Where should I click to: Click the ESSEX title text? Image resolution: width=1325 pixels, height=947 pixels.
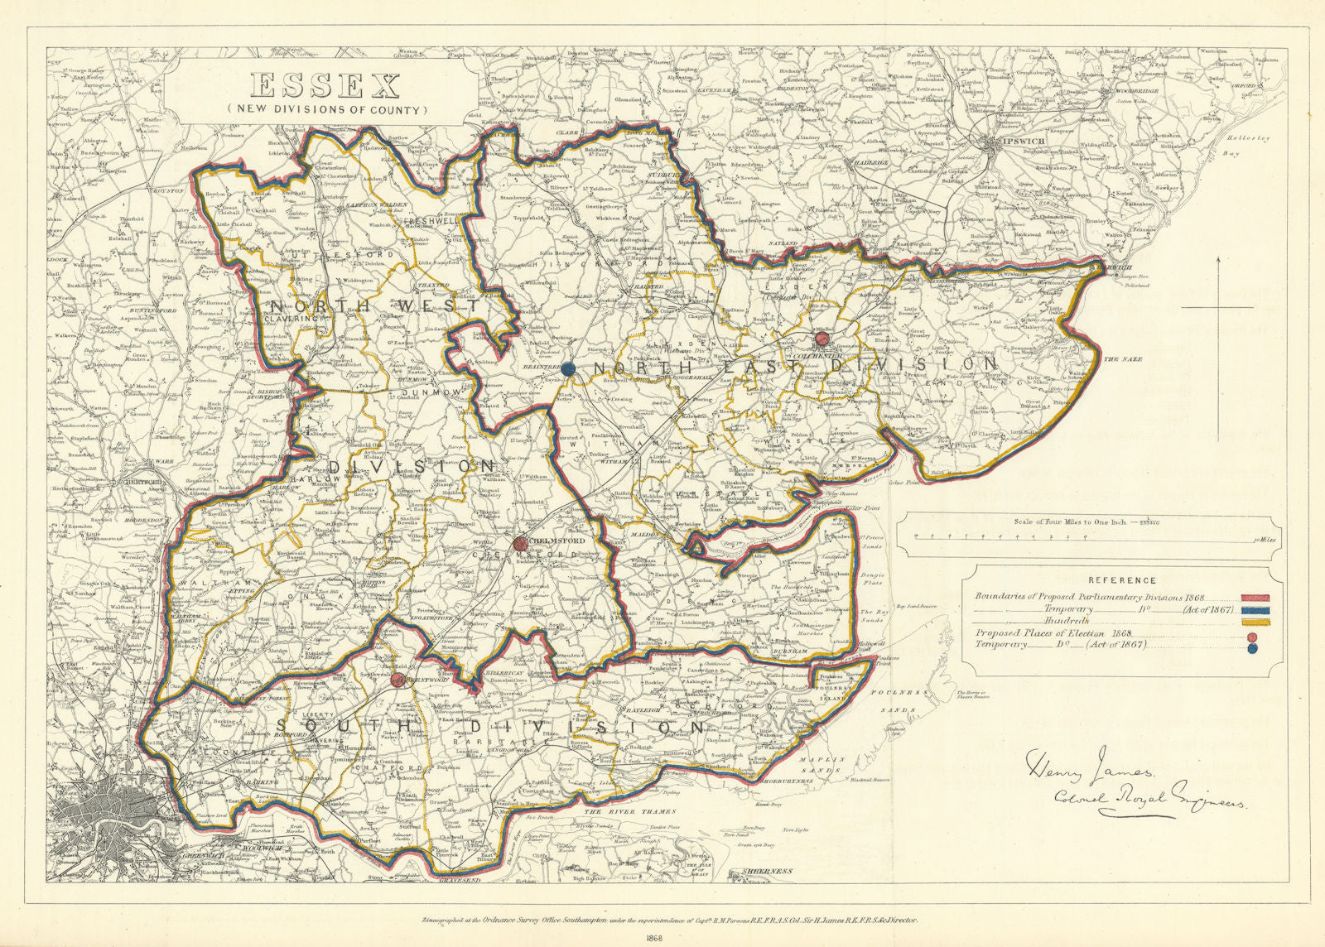point(325,86)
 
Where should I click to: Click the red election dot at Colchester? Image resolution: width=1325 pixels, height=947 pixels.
point(821,339)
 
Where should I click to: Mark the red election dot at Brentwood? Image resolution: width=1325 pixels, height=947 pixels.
point(398,680)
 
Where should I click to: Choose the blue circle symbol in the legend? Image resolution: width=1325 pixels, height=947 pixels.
point(1252,648)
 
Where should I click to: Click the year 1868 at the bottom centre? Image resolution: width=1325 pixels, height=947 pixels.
point(662,938)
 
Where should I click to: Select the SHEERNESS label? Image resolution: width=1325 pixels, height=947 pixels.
point(768,871)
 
